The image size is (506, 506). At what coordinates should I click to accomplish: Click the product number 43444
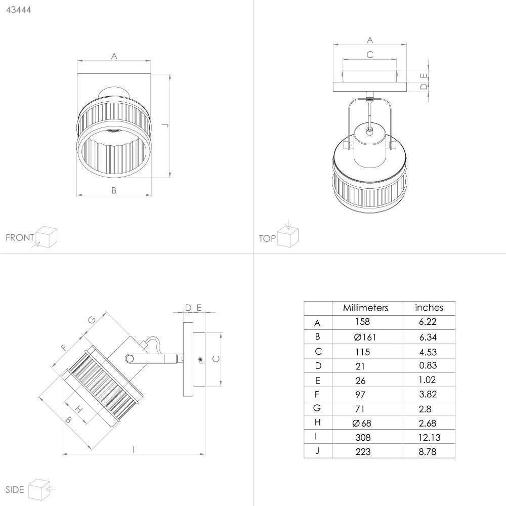pos(19,10)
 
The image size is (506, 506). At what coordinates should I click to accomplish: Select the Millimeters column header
pos(365,308)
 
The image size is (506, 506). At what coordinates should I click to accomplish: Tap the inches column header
pos(429,308)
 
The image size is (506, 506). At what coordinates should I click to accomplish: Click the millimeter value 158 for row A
pos(362,322)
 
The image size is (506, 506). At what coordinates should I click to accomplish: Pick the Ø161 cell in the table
pos(365,337)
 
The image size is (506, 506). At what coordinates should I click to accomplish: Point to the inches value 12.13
pos(429,437)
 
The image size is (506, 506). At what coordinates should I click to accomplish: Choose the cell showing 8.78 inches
pos(428,451)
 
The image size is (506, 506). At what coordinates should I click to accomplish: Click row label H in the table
pos(317,423)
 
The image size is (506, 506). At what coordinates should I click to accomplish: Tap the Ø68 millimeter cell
pos(362,423)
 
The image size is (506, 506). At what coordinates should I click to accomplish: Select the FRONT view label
pos(20,237)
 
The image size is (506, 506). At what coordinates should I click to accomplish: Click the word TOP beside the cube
pos(267,238)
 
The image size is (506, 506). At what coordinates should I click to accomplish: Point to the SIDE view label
pos(15,489)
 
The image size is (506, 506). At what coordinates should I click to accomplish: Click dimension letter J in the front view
pos(166,125)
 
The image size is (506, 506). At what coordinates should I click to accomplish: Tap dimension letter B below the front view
pos(114,190)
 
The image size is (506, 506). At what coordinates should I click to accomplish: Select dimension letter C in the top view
pos(370,55)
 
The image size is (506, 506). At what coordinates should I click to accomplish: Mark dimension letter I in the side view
pos(133,449)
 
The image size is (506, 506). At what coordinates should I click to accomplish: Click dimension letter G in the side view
pos(92,320)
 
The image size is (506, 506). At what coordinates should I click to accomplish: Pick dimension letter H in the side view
pos(78,410)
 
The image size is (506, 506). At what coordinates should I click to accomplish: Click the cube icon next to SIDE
pos(39,489)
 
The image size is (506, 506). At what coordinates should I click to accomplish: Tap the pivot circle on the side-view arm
pos(130,358)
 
